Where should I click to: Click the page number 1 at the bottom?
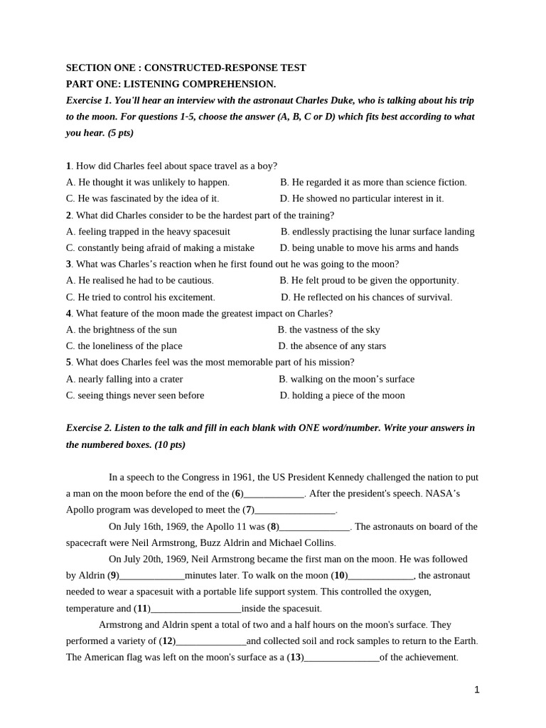click(476, 690)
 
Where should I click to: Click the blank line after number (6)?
click(274, 494)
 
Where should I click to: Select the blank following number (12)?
click(211, 641)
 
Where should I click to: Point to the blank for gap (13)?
click(342, 658)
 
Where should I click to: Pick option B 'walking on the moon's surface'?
click(346, 380)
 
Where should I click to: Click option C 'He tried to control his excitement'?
click(141, 297)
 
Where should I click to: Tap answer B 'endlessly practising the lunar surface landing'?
click(378, 232)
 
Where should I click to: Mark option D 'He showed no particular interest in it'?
click(361, 198)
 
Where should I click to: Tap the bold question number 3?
click(68, 264)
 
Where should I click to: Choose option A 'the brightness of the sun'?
click(122, 330)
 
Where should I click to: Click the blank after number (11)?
click(196, 609)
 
